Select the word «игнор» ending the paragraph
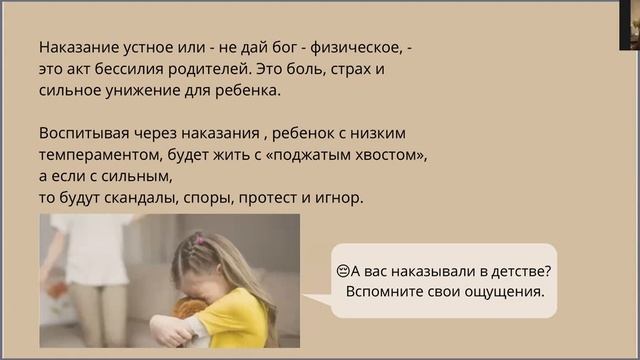[x=340, y=198]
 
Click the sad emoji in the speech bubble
[x=342, y=271]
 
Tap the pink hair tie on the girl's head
[x=198, y=240]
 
